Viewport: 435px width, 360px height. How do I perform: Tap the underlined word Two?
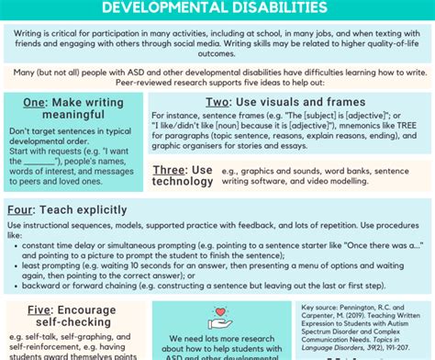pos(218,101)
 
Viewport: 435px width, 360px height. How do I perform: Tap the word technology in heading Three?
pos(182,184)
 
